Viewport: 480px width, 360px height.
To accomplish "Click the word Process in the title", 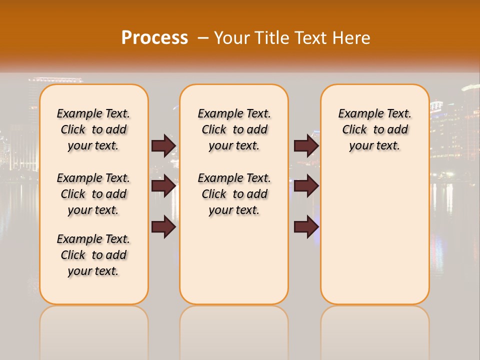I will coord(154,38).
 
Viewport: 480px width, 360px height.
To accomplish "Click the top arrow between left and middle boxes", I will coord(163,145).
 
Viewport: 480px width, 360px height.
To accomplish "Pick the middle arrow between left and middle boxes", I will coord(163,186).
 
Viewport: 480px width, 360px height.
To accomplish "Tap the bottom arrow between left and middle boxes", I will coord(163,227).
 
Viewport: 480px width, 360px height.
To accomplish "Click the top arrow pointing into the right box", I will coord(306,145).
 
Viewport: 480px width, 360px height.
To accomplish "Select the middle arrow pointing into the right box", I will coord(306,186).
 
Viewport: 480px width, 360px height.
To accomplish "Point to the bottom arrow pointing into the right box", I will coord(306,227).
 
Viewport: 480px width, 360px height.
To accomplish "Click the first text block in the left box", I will coord(93,129).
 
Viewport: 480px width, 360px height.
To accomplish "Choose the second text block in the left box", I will coord(93,194).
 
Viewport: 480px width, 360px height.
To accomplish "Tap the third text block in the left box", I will coord(93,255).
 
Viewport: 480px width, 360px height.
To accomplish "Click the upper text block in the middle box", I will coord(234,129).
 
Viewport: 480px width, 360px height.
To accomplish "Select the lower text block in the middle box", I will coord(234,194).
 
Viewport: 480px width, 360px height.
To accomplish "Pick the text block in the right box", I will coord(374,129).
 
